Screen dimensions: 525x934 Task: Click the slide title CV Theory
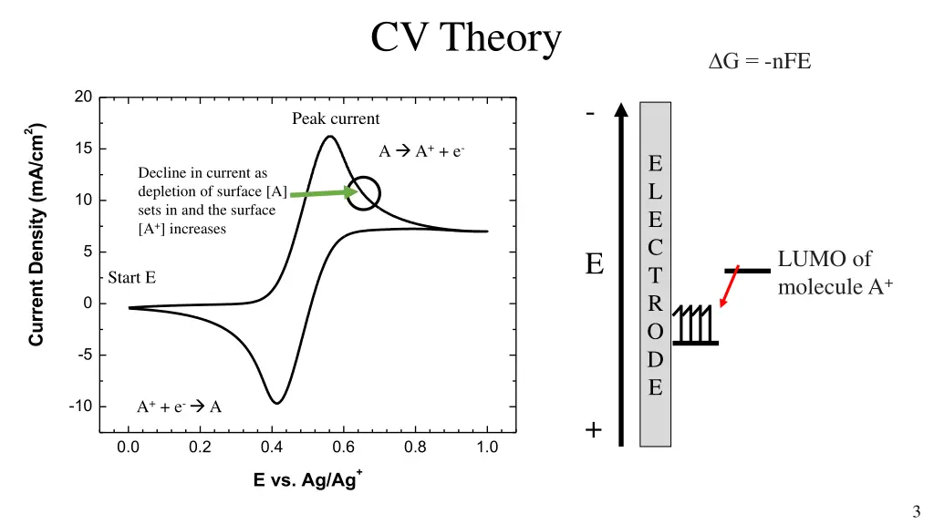[x=465, y=39]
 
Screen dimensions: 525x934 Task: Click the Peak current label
[x=336, y=118]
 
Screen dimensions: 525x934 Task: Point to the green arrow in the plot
[x=322, y=193]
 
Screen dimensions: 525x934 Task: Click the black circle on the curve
[x=364, y=193]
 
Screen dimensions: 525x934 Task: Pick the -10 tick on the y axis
[x=79, y=407]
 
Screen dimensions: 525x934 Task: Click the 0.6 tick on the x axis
[x=343, y=448]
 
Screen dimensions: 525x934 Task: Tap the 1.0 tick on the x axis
[x=487, y=448]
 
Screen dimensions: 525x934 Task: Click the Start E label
[x=132, y=277]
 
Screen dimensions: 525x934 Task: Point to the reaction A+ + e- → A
[x=179, y=407]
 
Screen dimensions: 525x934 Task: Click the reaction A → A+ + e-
[x=422, y=151]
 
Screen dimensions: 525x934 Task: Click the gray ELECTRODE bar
[x=655, y=273]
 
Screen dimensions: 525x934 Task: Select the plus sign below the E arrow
[x=594, y=430]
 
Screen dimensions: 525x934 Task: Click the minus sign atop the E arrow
[x=591, y=114]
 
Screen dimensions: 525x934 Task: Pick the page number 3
[x=915, y=511]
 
